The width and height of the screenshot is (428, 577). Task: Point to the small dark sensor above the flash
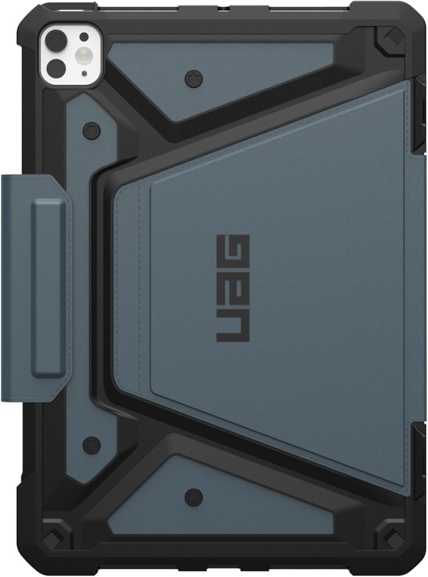pyautogui.click(x=84, y=36)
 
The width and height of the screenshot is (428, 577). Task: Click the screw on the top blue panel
pyautogui.click(x=192, y=77)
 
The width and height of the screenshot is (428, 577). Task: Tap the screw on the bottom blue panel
pyautogui.click(x=194, y=495)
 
